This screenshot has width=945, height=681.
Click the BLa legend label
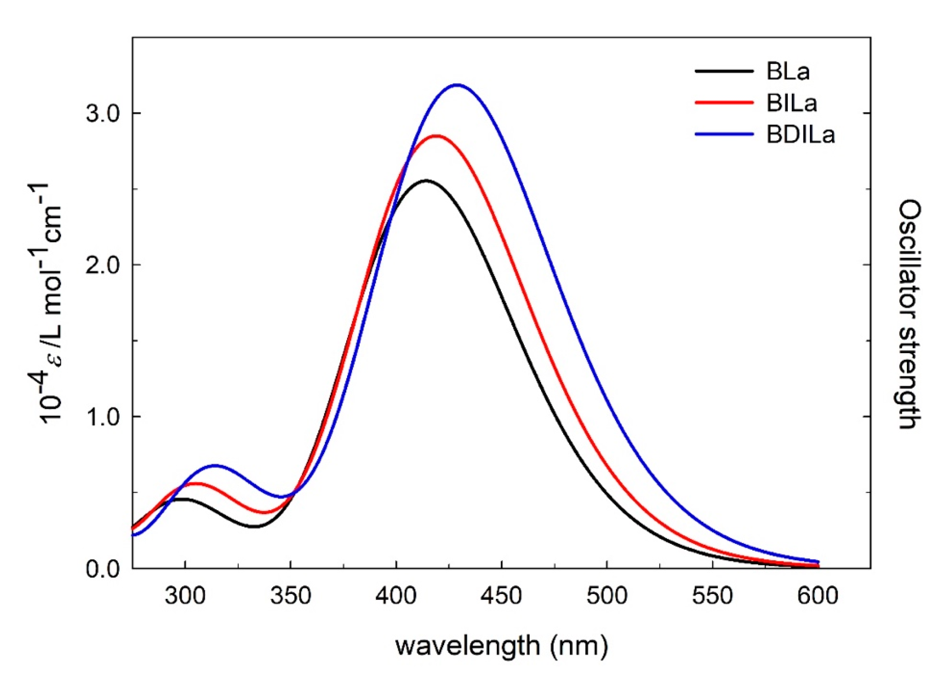point(787,71)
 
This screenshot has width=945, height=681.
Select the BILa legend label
point(792,103)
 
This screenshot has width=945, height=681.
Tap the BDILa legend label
point(800,135)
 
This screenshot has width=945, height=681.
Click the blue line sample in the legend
point(724,135)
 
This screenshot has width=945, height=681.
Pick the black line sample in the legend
point(724,71)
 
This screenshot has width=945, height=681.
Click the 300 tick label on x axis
point(185,596)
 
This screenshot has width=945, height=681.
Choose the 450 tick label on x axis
point(501,596)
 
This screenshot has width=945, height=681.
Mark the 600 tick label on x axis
point(818,596)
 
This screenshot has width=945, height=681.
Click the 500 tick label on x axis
point(606,596)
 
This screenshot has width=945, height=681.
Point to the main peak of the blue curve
point(457,85)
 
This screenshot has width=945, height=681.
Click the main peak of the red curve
point(436,136)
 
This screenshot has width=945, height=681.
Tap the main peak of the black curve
point(426,180)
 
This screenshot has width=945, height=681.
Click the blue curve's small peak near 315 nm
point(215,466)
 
